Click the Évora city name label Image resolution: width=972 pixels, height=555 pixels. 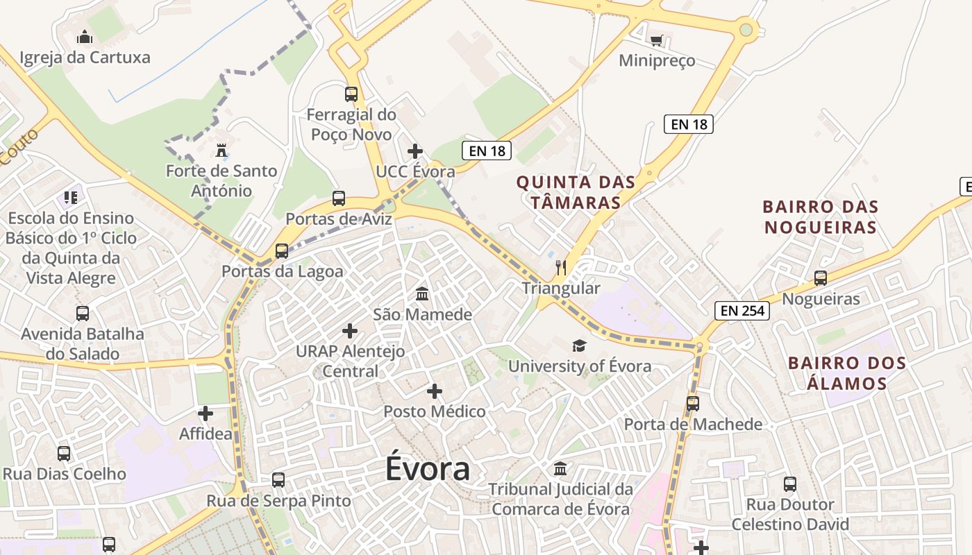428,470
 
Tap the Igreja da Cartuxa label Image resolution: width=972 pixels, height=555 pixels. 85,57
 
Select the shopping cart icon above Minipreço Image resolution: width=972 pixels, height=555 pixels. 656,41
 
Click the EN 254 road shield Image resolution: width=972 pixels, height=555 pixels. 743,311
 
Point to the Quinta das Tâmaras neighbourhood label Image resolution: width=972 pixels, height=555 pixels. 576,192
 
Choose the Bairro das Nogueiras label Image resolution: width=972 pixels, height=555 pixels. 820,216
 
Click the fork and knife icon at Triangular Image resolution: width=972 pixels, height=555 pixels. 561,267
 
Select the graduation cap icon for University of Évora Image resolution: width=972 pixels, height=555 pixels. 579,345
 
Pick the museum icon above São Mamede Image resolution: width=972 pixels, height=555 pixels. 422,293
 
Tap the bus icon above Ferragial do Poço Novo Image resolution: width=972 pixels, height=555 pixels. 351,94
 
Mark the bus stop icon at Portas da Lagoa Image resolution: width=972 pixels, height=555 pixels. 282,250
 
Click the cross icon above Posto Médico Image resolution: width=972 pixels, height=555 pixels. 435,391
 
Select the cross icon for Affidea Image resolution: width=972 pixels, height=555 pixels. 206,413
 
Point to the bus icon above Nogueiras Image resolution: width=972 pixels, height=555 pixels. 821,278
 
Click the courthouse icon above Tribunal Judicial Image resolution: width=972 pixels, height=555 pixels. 560,468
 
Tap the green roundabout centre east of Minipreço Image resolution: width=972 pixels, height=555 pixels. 746,30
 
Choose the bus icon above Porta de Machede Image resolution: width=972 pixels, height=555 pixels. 692,403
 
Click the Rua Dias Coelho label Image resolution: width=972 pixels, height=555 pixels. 65,475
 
